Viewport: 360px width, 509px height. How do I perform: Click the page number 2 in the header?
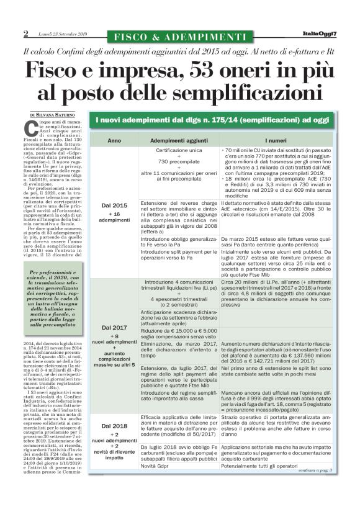26,34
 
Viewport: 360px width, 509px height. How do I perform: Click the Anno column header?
115,141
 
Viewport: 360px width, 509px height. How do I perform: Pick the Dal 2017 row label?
114,327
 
